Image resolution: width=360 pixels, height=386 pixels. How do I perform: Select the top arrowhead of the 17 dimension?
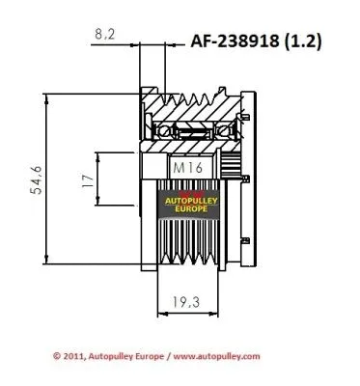100,155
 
